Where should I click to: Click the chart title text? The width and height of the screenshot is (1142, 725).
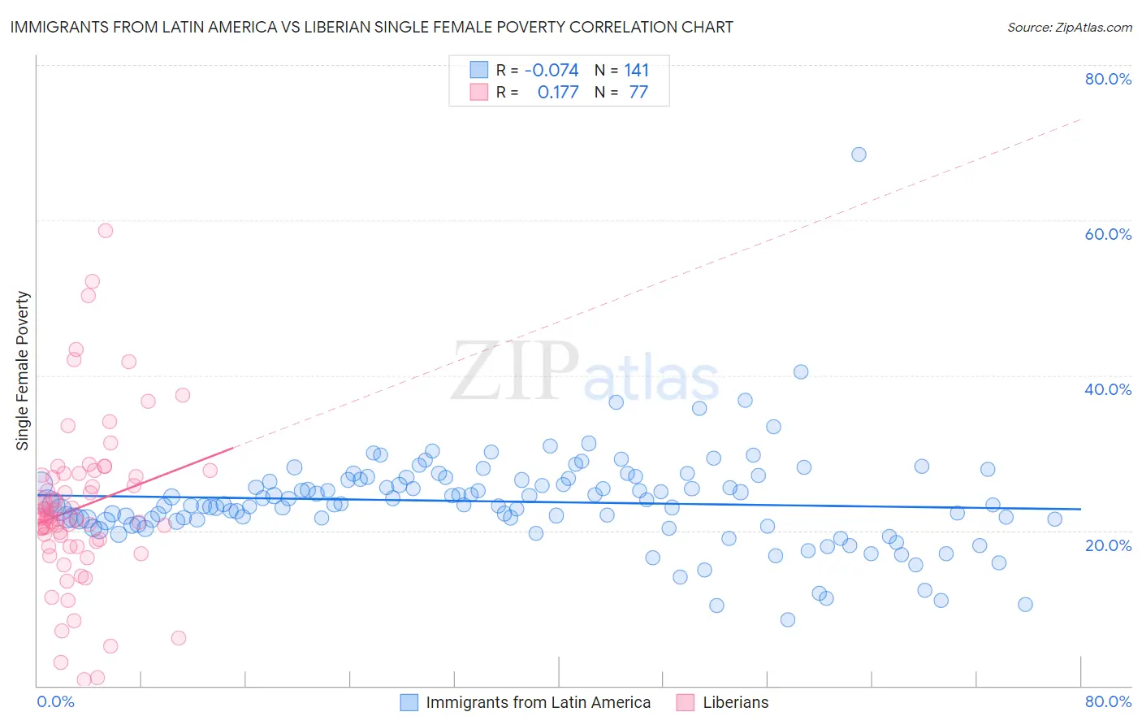[x=371, y=27]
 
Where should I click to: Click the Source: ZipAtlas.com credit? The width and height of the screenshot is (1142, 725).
[x=1069, y=27]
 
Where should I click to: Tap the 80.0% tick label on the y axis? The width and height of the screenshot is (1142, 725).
[x=1108, y=79]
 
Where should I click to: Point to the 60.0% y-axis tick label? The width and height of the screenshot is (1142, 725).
[x=1108, y=234]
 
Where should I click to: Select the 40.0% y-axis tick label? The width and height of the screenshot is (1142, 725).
[x=1108, y=389]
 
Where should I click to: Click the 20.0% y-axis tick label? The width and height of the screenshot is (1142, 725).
[x=1108, y=545]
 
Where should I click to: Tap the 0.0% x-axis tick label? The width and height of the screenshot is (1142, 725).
[x=55, y=701]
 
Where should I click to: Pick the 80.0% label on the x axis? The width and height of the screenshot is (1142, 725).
[x=1108, y=701]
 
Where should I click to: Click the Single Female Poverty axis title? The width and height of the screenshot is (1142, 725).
[x=22, y=371]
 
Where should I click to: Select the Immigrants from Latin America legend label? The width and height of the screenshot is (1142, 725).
[x=538, y=702]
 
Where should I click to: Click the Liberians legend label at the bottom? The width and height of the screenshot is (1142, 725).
[x=735, y=702]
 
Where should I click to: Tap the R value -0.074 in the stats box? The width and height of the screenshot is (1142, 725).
[x=552, y=71]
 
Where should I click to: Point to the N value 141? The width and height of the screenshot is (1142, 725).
[x=637, y=71]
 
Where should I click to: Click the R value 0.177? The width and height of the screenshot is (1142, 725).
[x=558, y=93]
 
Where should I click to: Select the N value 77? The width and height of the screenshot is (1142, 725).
[x=638, y=93]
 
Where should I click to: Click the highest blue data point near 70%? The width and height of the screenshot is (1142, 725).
[x=859, y=154]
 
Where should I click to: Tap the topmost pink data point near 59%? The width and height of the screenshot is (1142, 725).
[x=106, y=231]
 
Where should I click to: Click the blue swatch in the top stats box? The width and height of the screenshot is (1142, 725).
[x=479, y=70]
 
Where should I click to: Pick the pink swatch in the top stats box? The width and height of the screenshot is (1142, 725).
[x=479, y=92]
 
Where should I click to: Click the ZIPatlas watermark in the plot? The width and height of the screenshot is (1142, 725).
[x=585, y=372]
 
